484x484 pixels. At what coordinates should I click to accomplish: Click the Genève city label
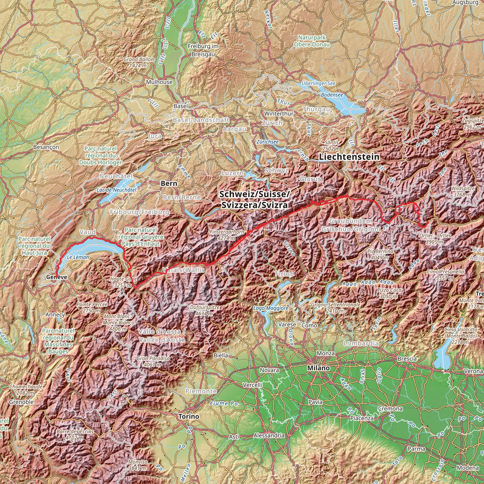click(57, 277)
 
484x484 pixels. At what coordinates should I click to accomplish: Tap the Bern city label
click(169, 183)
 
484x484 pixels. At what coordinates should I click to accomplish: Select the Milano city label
click(318, 368)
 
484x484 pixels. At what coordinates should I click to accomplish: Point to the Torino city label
click(189, 416)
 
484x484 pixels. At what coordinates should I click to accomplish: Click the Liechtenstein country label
click(349, 157)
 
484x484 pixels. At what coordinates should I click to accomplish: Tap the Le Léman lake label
click(78, 257)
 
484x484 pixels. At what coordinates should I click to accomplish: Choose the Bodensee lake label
click(332, 95)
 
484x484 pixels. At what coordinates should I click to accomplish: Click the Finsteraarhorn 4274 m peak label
click(227, 235)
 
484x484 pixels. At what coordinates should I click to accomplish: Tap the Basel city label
click(181, 106)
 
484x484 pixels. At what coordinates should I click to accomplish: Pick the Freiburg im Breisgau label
click(203, 50)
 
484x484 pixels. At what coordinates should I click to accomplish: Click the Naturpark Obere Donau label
click(312, 41)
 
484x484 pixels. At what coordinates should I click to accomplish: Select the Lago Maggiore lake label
click(271, 308)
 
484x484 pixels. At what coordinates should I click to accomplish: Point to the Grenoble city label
click(21, 402)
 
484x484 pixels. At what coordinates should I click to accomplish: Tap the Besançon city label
click(46, 147)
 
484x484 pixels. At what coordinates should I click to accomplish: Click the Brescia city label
click(407, 359)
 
